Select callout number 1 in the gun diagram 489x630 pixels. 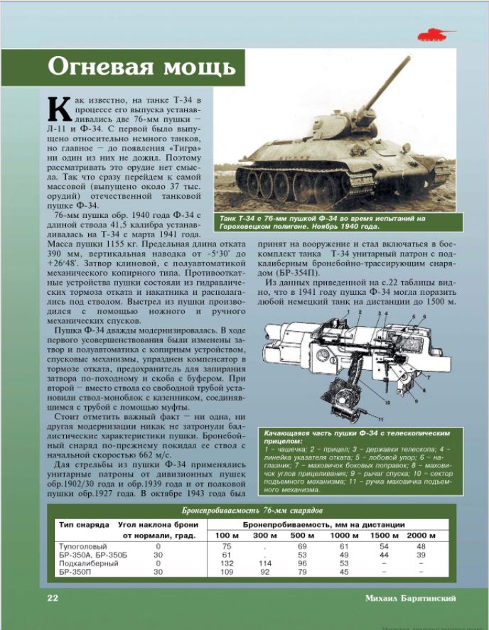pyautogui.click(x=347, y=312)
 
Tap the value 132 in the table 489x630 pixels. pyautogui.click(x=227, y=563)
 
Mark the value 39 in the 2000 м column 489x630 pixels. pyautogui.click(x=421, y=554)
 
